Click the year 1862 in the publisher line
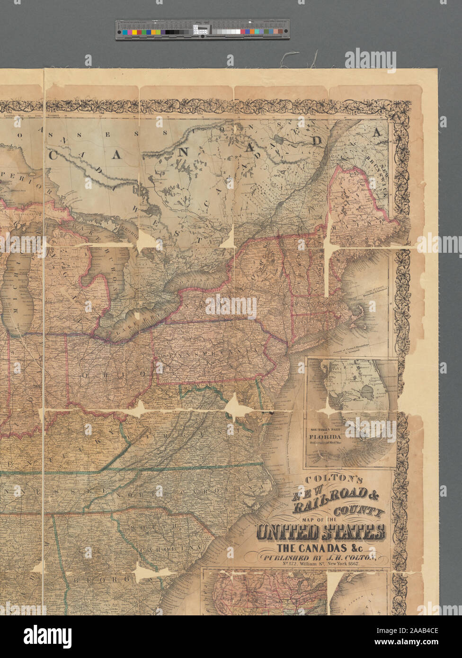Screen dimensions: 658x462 tap(352, 565)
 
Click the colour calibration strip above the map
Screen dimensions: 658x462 tap(202, 29)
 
